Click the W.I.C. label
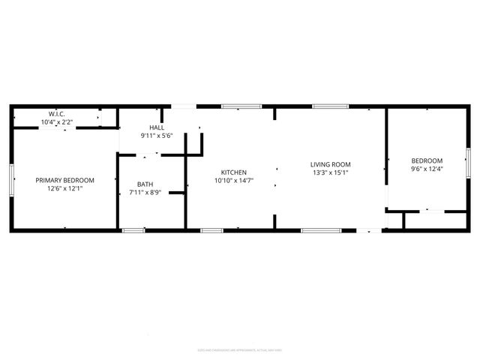pyautogui.click(x=56, y=114)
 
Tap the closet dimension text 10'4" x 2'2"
pyautogui.click(x=56, y=121)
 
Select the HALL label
pyautogui.click(x=157, y=128)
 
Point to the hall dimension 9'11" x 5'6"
pyautogui.click(x=157, y=136)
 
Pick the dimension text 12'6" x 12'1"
pyautogui.click(x=65, y=188)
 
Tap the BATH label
pyautogui.click(x=145, y=184)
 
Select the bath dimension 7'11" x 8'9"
pyautogui.click(x=145, y=192)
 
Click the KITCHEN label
pyautogui.click(x=233, y=172)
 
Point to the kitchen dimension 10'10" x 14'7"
pyautogui.click(x=233, y=180)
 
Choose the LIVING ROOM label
pyautogui.click(x=331, y=164)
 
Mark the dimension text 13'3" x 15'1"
pyautogui.click(x=331, y=172)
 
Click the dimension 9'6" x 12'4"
pyautogui.click(x=427, y=168)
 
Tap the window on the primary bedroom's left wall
pyautogui.click(x=10, y=180)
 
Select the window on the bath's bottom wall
pyautogui.click(x=133, y=230)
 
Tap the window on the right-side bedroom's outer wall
pyautogui.click(x=469, y=162)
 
